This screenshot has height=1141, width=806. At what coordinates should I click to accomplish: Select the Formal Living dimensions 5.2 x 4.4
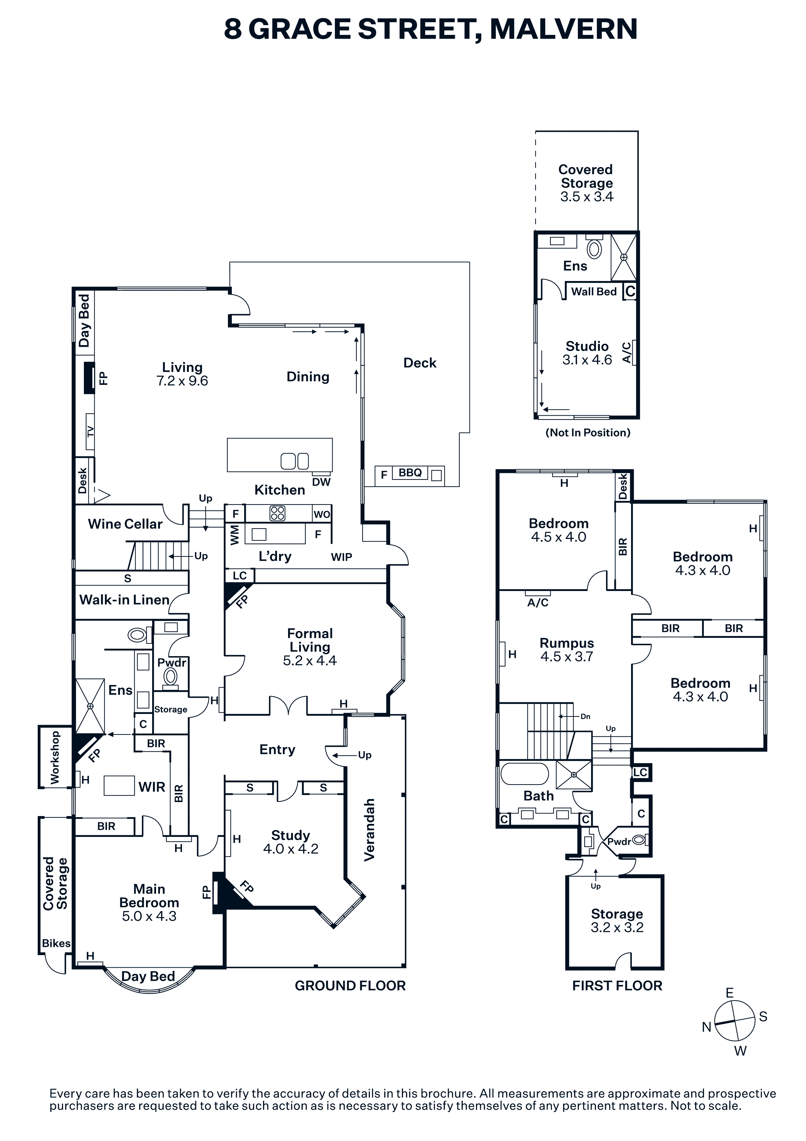pyautogui.click(x=310, y=661)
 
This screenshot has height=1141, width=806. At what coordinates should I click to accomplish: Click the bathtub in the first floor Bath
pyautogui.click(x=525, y=774)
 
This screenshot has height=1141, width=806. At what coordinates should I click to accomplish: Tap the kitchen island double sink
pyautogui.click(x=295, y=461)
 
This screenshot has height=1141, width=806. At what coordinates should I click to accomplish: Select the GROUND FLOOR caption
pyautogui.click(x=350, y=986)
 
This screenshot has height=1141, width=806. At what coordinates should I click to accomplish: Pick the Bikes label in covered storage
pyautogui.click(x=56, y=943)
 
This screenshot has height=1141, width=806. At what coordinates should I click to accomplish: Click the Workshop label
pyautogui.click(x=55, y=757)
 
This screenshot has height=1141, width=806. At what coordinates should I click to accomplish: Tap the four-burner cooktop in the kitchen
pyautogui.click(x=277, y=513)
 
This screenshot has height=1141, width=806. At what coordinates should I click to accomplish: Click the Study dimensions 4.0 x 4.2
pyautogui.click(x=291, y=849)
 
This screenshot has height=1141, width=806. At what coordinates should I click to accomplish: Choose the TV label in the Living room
pyautogui.click(x=90, y=431)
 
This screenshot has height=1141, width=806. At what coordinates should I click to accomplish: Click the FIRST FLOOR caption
pyautogui.click(x=617, y=986)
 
